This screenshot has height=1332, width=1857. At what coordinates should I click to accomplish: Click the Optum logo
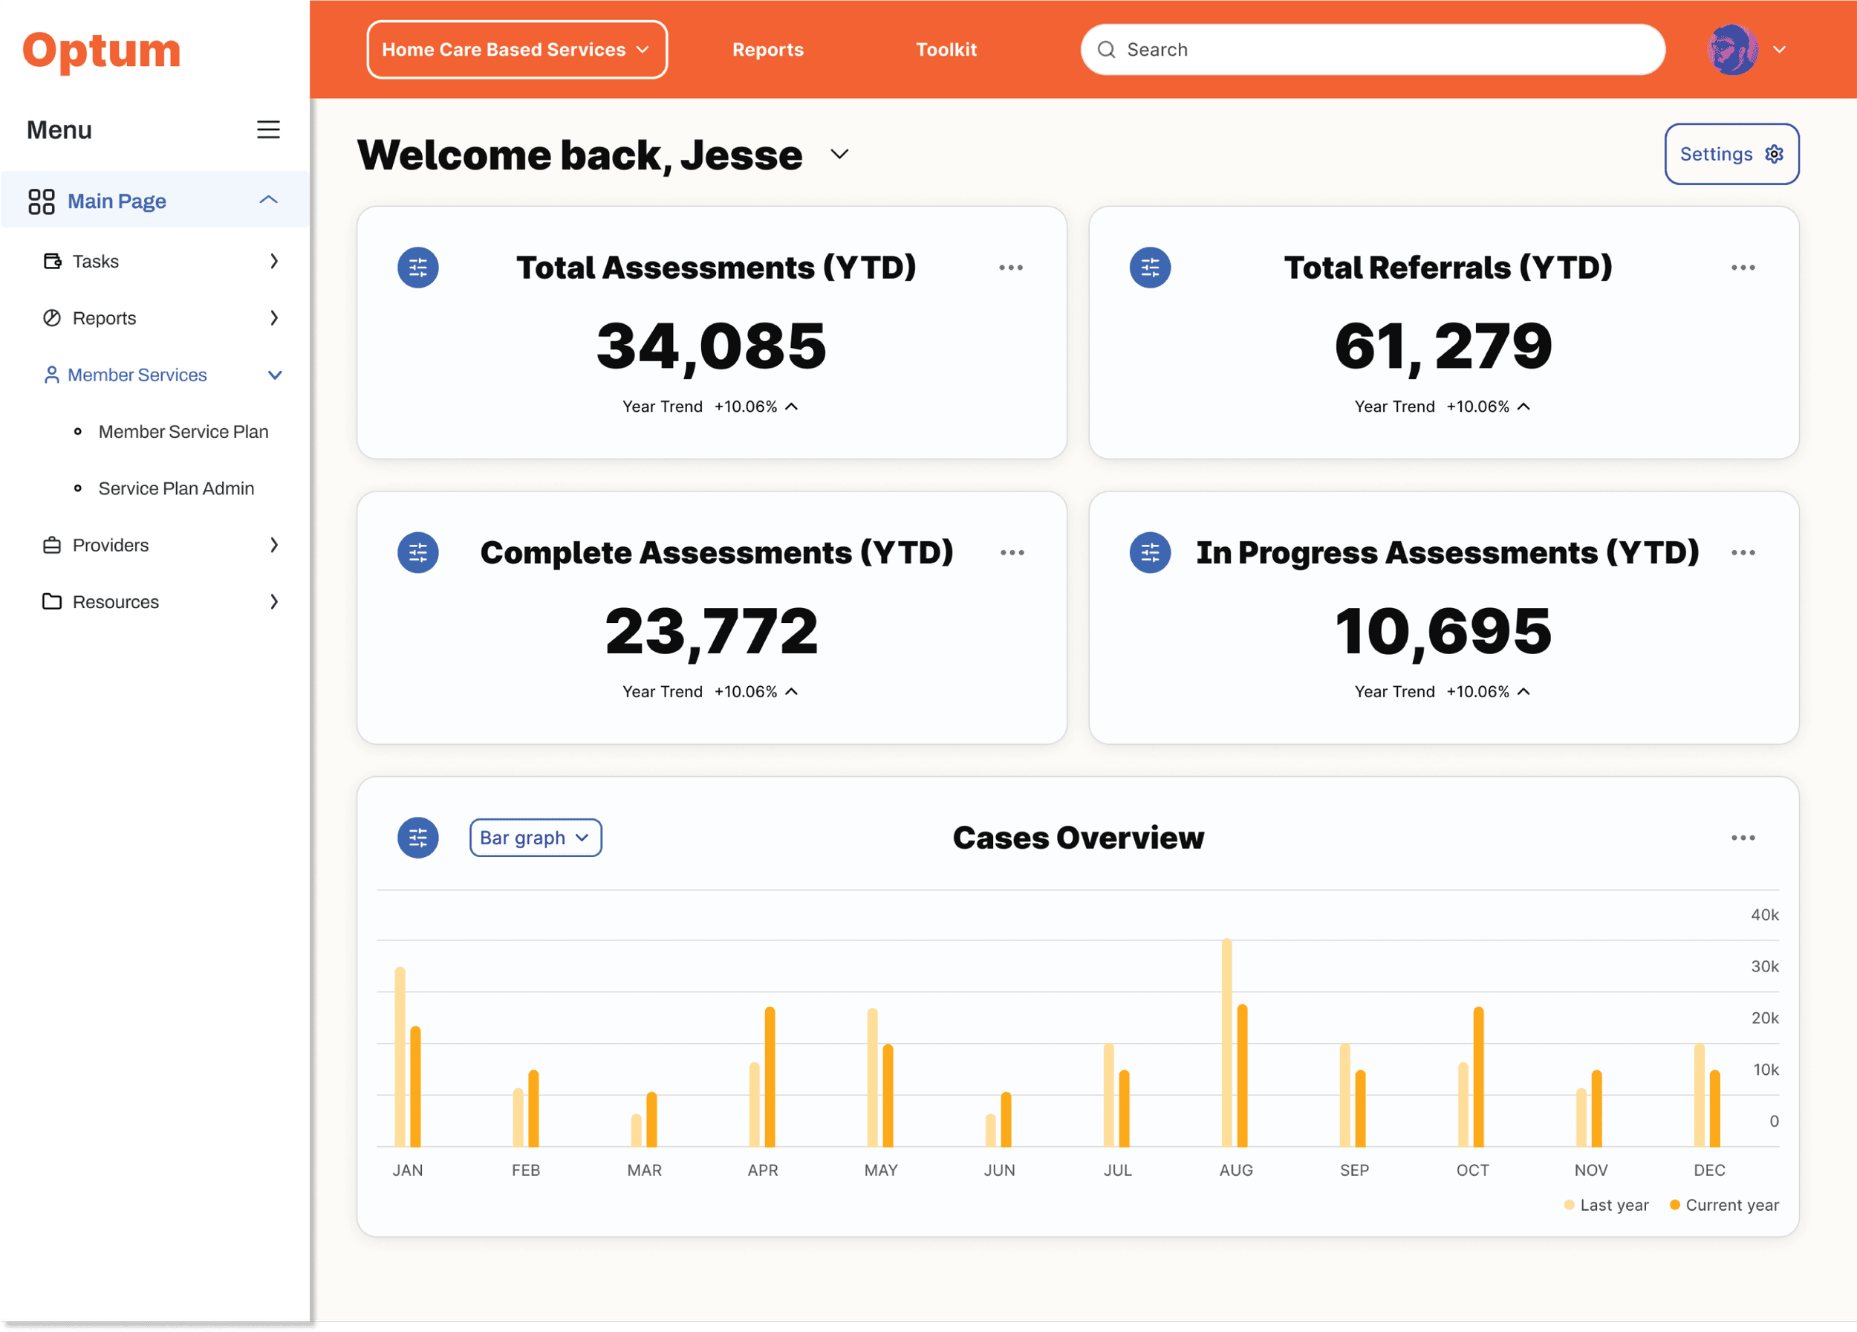[102, 51]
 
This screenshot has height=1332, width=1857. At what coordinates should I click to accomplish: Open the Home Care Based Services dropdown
[517, 50]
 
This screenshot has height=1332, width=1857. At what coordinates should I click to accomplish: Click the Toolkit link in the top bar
[946, 50]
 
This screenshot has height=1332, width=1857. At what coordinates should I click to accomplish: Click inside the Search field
[1384, 50]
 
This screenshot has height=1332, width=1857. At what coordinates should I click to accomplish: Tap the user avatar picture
[1731, 50]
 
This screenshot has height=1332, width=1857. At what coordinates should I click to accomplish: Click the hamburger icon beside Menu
[267, 129]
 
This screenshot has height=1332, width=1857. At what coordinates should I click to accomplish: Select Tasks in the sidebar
[96, 262]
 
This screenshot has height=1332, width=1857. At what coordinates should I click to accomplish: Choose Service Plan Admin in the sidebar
[176, 488]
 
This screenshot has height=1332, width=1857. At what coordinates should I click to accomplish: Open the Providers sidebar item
[111, 545]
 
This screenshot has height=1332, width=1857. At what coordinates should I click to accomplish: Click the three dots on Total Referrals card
[1743, 268]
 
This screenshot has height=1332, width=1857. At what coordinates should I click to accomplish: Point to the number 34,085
[711, 346]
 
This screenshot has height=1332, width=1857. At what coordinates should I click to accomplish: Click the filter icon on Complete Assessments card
[417, 553]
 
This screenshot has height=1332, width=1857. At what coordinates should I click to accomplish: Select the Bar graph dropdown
[535, 837]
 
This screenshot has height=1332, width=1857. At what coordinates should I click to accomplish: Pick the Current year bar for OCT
[1478, 1077]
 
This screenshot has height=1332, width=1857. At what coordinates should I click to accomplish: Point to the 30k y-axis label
[1764, 966]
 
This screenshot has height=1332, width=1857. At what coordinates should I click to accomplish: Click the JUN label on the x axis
[999, 1170]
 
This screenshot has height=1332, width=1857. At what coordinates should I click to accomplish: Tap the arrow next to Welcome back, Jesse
[839, 154]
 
